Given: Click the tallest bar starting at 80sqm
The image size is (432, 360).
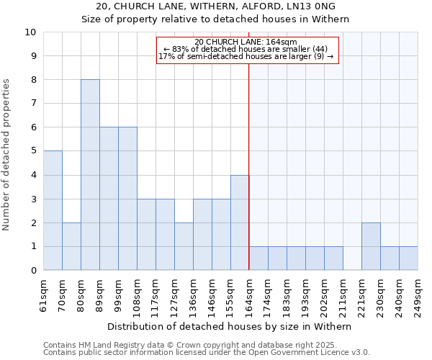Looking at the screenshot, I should (x=90, y=175).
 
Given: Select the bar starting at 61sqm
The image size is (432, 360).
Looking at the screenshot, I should (x=53, y=210).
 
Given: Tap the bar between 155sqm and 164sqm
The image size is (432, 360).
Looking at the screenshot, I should (x=240, y=222).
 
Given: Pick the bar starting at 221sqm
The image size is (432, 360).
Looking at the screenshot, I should (x=371, y=246).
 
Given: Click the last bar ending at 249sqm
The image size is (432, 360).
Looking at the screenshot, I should (x=408, y=258).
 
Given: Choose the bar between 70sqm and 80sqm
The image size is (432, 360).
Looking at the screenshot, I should (x=71, y=246).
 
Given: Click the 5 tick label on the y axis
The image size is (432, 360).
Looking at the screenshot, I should (x=32, y=151).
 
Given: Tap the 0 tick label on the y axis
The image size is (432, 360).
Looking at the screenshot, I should (x=32, y=271).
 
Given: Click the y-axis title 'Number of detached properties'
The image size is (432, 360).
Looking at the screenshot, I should (x=7, y=156).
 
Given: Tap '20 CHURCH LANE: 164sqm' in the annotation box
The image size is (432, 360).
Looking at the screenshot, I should (x=246, y=42).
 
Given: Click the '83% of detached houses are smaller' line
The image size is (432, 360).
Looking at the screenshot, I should (x=246, y=49).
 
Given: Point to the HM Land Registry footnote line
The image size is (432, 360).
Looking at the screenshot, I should (x=194, y=345).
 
